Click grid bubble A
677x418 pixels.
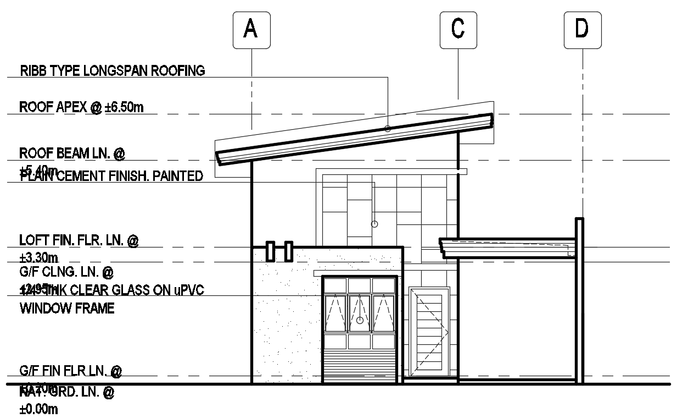(251, 29)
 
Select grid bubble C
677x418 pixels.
(458, 29)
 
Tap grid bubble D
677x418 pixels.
(582, 29)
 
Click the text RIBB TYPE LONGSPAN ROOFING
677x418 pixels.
(112, 71)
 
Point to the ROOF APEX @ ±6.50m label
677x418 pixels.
(81, 107)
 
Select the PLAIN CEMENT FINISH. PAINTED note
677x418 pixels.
(111, 177)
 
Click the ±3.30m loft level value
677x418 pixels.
(39, 257)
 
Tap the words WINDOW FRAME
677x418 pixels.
(67, 309)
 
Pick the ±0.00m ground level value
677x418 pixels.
(39, 410)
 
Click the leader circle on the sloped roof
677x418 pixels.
(388, 128)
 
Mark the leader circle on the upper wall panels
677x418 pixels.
(374, 224)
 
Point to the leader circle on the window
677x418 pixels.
(360, 320)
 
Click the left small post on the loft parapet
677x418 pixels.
(270, 251)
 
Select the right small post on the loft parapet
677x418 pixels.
(288, 251)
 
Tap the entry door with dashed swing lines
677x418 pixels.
(429, 332)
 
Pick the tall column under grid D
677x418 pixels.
(579, 300)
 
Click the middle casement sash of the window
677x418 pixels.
(360, 313)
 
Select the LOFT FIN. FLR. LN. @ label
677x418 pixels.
(79, 240)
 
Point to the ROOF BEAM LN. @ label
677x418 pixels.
(72, 153)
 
